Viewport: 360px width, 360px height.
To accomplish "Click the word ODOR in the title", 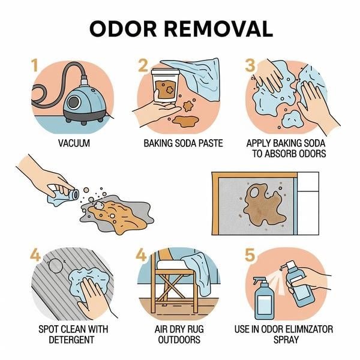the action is pyautogui.click(x=123, y=29).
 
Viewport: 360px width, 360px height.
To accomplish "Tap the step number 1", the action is pyautogui.click(x=35, y=65).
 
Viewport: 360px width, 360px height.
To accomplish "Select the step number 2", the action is pyautogui.click(x=143, y=65).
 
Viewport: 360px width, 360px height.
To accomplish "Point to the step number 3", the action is pyautogui.click(x=250, y=65).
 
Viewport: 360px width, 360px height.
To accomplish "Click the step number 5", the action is pyautogui.click(x=250, y=255).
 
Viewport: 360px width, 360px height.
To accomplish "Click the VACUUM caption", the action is pyautogui.click(x=74, y=143).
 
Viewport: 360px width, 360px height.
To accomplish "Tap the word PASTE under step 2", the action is pyautogui.click(x=211, y=143).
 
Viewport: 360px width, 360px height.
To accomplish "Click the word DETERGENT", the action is pyautogui.click(x=71, y=340).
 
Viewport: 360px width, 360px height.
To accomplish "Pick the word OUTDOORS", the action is pyautogui.click(x=179, y=340).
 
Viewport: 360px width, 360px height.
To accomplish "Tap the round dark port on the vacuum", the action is pyautogui.click(x=74, y=102).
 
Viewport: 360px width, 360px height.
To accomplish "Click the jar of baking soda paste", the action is pyautogui.click(x=166, y=85).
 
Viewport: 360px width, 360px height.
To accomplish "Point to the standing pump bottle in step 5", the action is pyautogui.click(x=264, y=298).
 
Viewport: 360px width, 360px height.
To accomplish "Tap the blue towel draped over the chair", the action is pyautogui.click(x=197, y=273).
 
